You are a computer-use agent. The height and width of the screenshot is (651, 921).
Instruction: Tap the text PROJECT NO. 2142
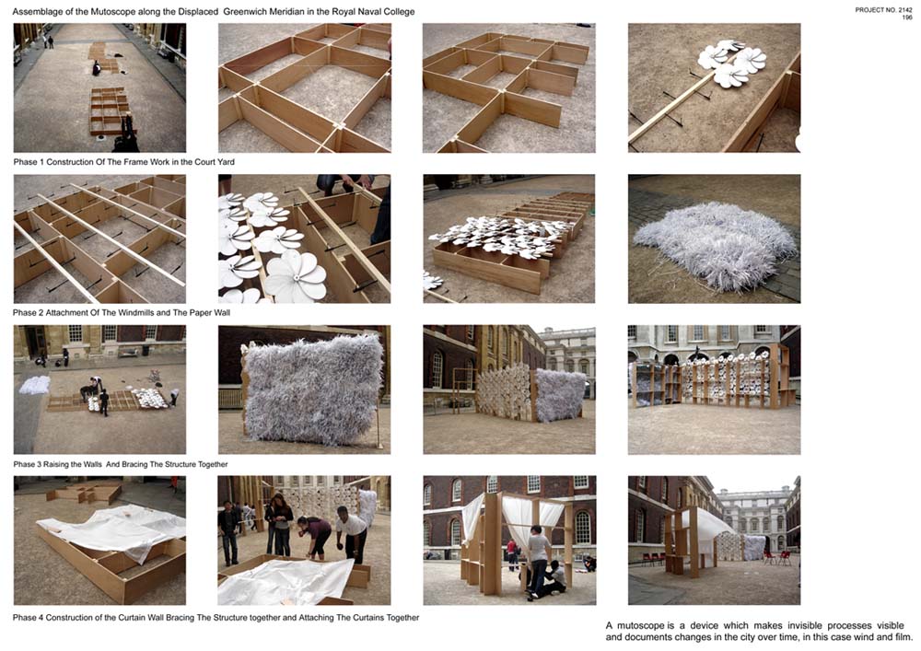(883, 10)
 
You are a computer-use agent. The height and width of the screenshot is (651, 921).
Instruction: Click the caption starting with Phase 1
(124, 162)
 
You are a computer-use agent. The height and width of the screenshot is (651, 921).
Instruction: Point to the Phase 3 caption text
(121, 464)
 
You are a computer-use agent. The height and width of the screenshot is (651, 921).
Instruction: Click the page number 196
(907, 17)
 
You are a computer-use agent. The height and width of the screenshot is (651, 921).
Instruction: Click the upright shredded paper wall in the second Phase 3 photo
(312, 388)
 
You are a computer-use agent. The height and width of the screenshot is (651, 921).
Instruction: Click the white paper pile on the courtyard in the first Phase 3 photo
(35, 385)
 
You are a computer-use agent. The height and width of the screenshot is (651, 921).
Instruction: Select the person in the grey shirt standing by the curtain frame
(538, 562)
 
